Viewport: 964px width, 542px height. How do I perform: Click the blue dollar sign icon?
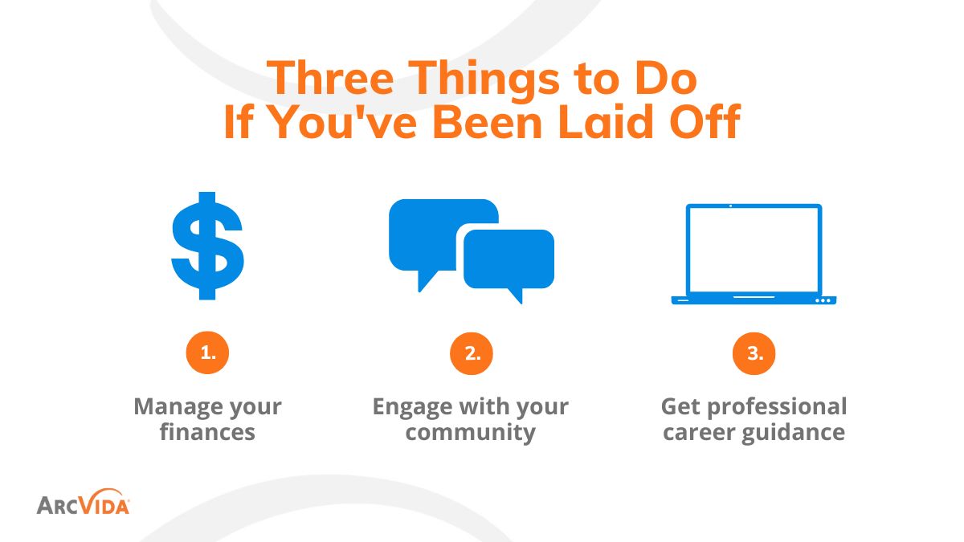point(207,246)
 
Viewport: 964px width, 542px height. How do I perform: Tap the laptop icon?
point(754,255)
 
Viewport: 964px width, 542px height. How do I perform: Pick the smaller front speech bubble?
point(509,259)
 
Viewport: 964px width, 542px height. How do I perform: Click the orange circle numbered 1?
point(207,353)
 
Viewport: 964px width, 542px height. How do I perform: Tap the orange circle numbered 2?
point(472,353)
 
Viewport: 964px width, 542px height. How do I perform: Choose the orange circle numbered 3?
point(754,353)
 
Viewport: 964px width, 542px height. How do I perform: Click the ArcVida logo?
point(83,504)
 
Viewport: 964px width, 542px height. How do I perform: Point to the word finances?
point(207,433)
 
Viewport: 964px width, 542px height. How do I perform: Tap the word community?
point(470,433)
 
